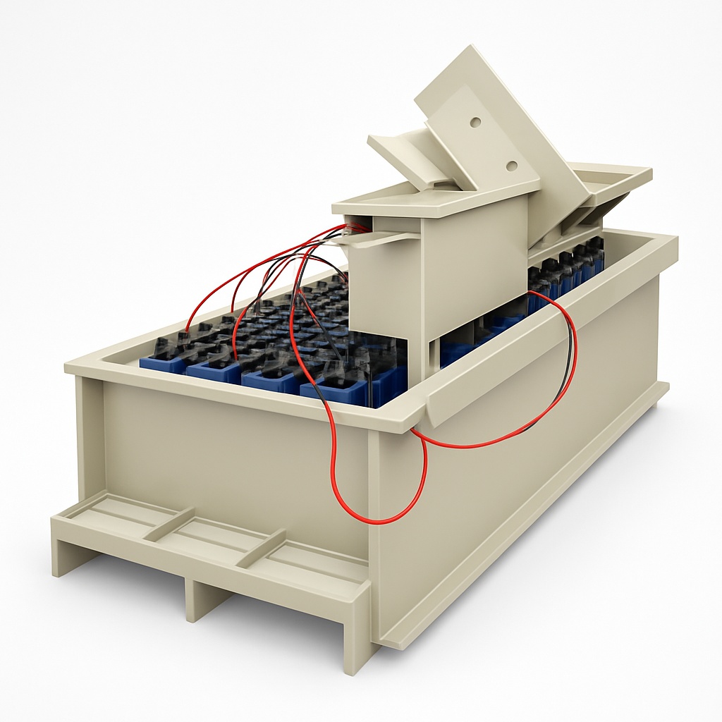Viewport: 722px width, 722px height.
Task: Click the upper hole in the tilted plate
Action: click(475, 122)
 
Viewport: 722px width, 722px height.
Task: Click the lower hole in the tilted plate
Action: click(511, 166)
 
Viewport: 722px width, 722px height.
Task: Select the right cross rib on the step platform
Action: click(261, 549)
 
